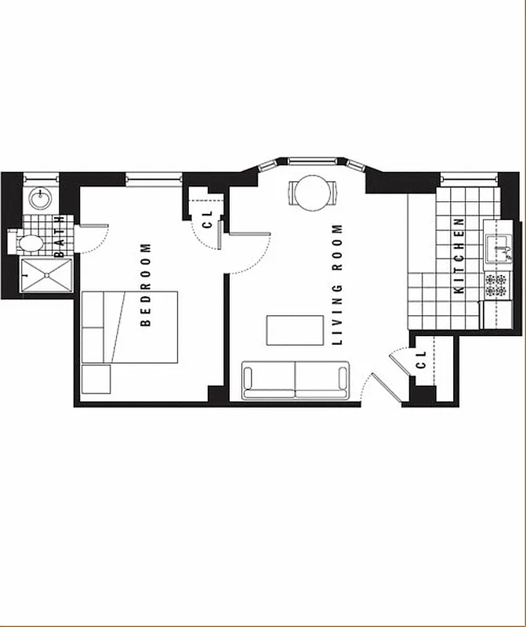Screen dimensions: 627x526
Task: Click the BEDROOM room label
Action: (146, 285)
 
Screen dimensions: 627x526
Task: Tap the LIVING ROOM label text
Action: (339, 285)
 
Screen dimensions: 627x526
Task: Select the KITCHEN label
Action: (460, 256)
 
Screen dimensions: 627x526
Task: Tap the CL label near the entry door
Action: (421, 360)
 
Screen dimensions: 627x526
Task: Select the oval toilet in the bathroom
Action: (30, 242)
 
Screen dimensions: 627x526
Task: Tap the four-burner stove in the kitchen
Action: (495, 285)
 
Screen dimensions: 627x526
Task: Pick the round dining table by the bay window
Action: (314, 192)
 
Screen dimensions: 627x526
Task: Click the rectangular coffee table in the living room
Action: (295, 330)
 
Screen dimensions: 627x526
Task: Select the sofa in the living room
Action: (295, 380)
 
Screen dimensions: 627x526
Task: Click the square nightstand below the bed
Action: (96, 379)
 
